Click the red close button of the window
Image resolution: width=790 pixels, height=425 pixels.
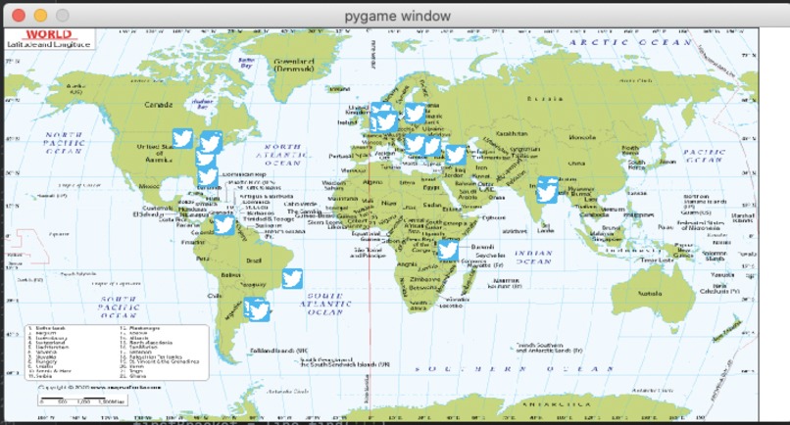18,16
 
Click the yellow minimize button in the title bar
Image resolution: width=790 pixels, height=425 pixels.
40,16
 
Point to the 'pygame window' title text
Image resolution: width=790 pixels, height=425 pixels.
398,16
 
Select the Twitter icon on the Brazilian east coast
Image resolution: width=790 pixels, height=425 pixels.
292,278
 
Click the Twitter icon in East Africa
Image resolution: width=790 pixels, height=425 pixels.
447,249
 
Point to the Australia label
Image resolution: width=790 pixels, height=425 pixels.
650,292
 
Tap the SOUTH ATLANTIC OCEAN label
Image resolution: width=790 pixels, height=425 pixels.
323,303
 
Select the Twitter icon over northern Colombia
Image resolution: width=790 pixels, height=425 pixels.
223,224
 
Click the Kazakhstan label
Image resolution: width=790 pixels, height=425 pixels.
511,132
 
